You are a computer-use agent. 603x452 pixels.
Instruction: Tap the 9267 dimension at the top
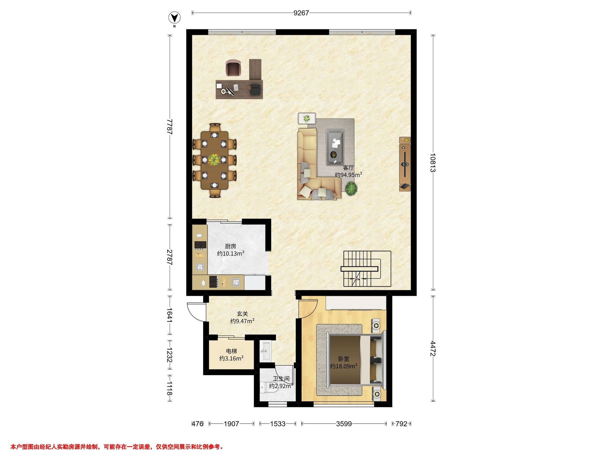coord(301,13)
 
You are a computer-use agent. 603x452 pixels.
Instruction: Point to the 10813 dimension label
coord(433,163)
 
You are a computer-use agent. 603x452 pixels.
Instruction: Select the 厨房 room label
coord(230,246)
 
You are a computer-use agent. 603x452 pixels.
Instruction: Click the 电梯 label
coord(231,351)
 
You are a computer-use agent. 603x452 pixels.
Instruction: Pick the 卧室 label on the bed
coord(343,359)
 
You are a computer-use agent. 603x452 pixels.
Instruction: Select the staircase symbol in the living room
coord(366,269)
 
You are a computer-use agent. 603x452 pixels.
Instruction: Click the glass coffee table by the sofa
coord(335,147)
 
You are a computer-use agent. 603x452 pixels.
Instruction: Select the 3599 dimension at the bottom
coord(344,424)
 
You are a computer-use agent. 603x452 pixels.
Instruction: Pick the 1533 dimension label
coord(278,424)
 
